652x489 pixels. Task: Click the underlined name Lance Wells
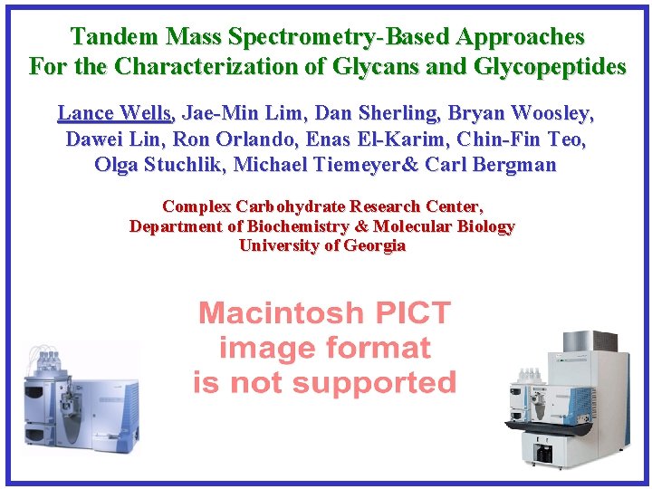click(x=114, y=113)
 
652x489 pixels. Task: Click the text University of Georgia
click(x=322, y=245)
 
